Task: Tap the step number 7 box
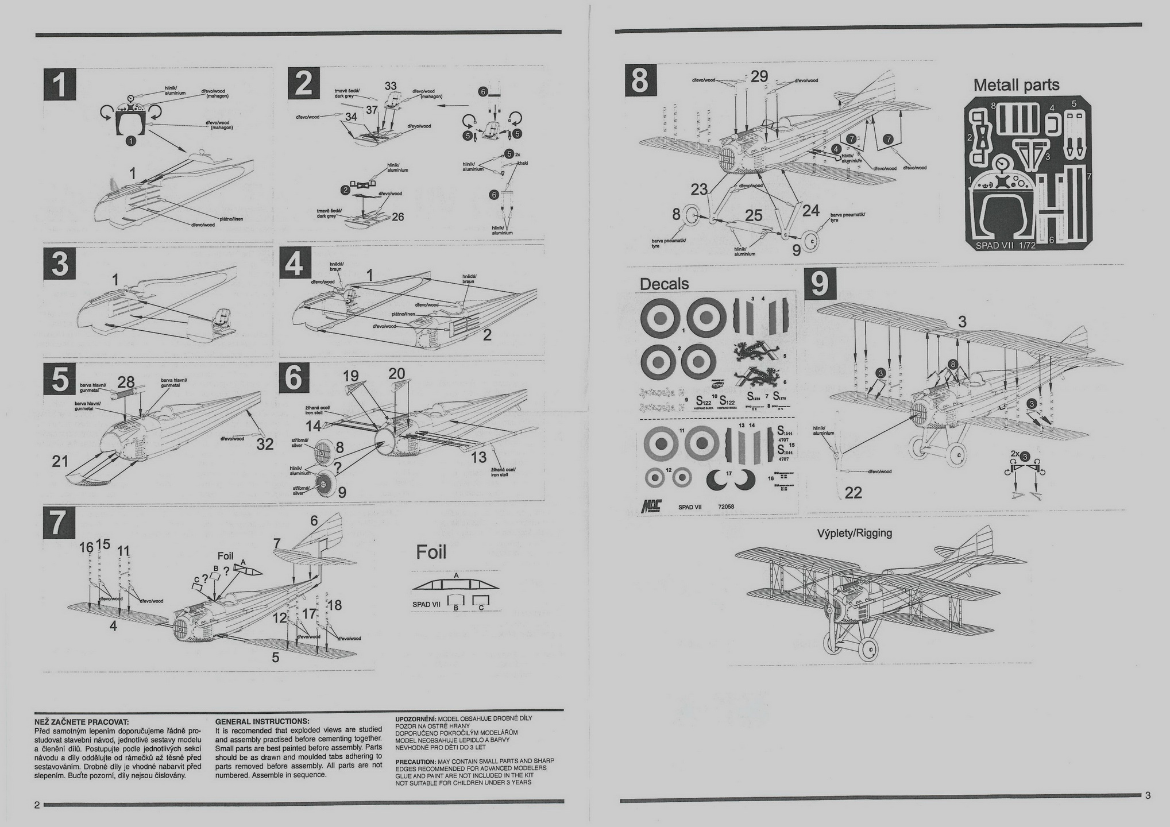pyautogui.click(x=59, y=524)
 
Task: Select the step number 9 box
pyautogui.click(x=820, y=284)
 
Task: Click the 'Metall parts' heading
pyautogui.click(x=1016, y=85)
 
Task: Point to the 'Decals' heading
pyautogui.click(x=664, y=284)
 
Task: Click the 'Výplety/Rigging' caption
pyautogui.click(x=854, y=533)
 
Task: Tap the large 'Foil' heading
pyautogui.click(x=431, y=552)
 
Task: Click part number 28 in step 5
pyautogui.click(x=126, y=382)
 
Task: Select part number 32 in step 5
pyautogui.click(x=265, y=444)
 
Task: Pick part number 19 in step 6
pyautogui.click(x=351, y=376)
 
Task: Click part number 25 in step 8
pyautogui.click(x=754, y=215)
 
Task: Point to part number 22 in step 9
pyautogui.click(x=854, y=493)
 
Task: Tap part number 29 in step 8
pyautogui.click(x=759, y=77)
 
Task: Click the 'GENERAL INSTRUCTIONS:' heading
pyautogui.click(x=262, y=721)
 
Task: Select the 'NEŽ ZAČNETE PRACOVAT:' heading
pyautogui.click(x=82, y=721)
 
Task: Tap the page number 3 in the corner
pyautogui.click(x=1148, y=795)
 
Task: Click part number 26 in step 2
pyautogui.click(x=397, y=217)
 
